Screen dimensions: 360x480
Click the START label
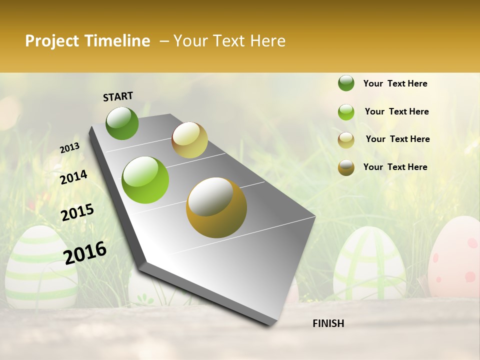click(118, 96)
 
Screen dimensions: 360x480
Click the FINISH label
click(328, 323)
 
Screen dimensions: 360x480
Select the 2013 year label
click(69, 147)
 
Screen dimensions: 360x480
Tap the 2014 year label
click(73, 177)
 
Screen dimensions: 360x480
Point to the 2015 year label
click(77, 212)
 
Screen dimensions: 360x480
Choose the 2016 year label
click(85, 252)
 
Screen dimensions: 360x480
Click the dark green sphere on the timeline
click(122, 123)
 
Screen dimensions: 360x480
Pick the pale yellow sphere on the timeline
click(189, 140)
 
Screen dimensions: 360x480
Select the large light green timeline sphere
click(145, 180)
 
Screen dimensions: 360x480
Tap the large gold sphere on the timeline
click(216, 207)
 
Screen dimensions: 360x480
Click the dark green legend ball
click(346, 83)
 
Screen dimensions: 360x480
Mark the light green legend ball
click(346, 112)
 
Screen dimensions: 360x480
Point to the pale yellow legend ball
click(346, 140)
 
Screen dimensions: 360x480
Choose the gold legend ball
click(346, 167)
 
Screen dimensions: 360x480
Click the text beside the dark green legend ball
click(395, 83)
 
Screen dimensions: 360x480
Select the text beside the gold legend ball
click(395, 167)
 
